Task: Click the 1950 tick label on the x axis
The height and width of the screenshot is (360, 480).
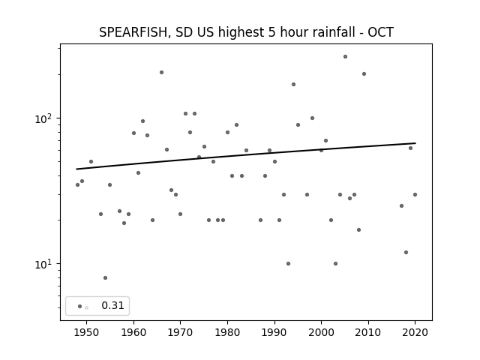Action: [x=87, y=332]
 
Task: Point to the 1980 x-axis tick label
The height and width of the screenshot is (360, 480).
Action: [x=227, y=332]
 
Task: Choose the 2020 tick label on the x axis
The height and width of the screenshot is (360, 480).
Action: [x=415, y=332]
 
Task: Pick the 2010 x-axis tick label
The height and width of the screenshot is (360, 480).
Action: [x=368, y=332]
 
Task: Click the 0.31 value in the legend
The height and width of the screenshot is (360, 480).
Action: [x=112, y=305]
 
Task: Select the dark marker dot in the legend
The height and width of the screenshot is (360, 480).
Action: [x=80, y=306]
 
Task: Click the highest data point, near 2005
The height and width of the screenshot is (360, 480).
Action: [x=345, y=57]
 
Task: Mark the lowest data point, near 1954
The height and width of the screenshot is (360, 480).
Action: [x=105, y=278]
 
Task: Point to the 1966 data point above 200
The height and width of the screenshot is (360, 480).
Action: [x=162, y=73]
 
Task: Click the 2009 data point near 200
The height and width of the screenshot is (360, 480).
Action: [x=364, y=73]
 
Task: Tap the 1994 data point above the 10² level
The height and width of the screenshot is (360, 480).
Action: [x=293, y=85]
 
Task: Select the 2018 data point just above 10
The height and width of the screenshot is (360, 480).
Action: [x=406, y=253]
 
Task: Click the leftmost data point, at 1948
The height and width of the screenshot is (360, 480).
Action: [x=77, y=185]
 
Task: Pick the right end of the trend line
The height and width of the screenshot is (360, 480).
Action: [x=415, y=143]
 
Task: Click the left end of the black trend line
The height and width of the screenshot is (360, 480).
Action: [x=76, y=169]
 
